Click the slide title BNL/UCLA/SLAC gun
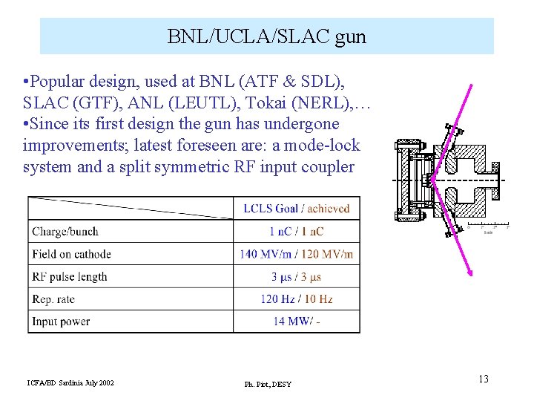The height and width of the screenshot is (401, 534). pyautogui.click(x=267, y=36)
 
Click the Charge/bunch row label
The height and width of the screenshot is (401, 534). pyautogui.click(x=65, y=232)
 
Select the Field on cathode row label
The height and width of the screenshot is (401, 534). pyautogui.click(x=71, y=254)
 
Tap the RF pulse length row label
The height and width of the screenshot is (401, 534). pyautogui.click(x=70, y=277)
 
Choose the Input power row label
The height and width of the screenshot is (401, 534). pyautogui.click(x=61, y=322)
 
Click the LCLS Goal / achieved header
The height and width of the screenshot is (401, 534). pyautogui.click(x=296, y=209)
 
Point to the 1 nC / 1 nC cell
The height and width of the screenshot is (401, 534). pyautogui.click(x=296, y=232)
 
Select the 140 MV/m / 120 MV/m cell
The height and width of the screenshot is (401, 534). pyautogui.click(x=296, y=254)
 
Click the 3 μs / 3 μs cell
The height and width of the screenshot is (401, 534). pyautogui.click(x=296, y=277)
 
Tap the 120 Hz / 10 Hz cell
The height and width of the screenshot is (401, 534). pyautogui.click(x=296, y=299)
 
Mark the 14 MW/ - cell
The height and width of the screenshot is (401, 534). pyautogui.click(x=296, y=322)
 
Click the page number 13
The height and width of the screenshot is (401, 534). pyautogui.click(x=483, y=379)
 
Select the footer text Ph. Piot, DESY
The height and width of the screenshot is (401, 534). pyautogui.click(x=268, y=384)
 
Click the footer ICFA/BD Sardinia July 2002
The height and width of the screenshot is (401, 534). pyautogui.click(x=70, y=382)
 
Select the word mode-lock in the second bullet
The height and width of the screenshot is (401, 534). pyautogui.click(x=326, y=145)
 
